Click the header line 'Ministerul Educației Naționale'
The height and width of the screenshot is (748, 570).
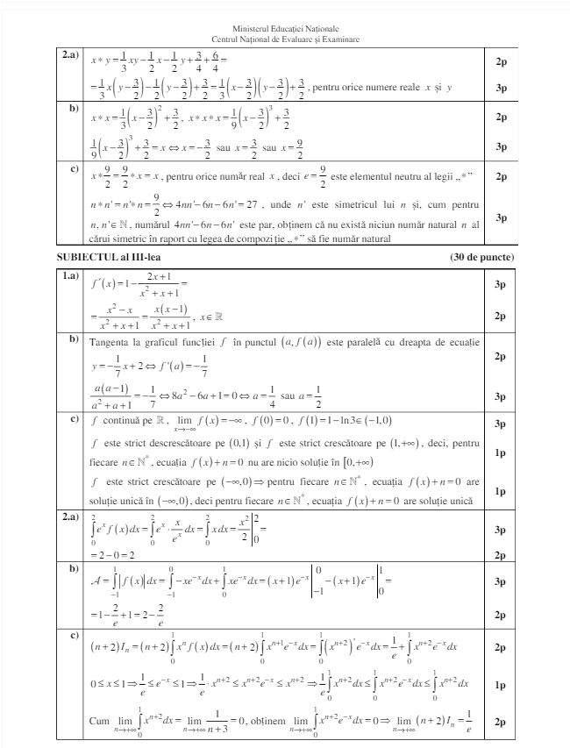(x=285, y=30)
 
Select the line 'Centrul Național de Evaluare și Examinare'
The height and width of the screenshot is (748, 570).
(x=285, y=39)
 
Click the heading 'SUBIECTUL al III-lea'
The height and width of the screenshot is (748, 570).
(x=109, y=257)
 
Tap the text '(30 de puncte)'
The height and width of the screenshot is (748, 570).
(x=481, y=257)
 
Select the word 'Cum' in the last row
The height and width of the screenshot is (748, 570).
(x=99, y=721)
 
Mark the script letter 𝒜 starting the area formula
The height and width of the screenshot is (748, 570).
(x=96, y=580)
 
